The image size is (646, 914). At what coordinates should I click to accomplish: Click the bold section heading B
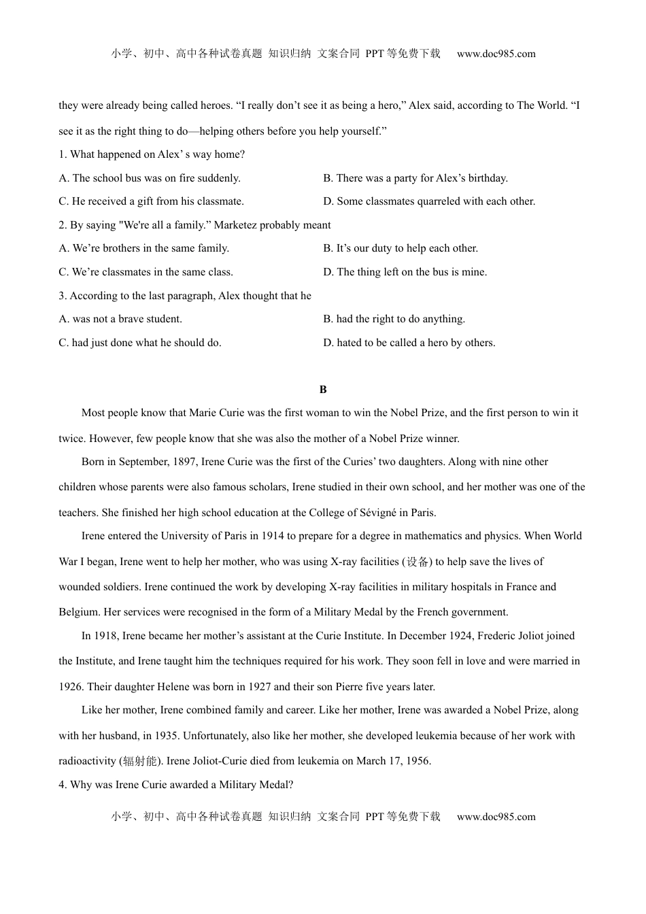323,390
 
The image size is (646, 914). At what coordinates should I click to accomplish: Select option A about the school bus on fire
150,178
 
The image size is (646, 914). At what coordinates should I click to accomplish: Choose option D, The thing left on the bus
405,272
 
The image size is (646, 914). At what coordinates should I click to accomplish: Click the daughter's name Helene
173,687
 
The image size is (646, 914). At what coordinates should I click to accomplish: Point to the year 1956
418,761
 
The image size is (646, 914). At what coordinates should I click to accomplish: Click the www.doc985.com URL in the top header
496,54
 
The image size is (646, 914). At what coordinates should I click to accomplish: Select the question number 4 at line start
62,785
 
